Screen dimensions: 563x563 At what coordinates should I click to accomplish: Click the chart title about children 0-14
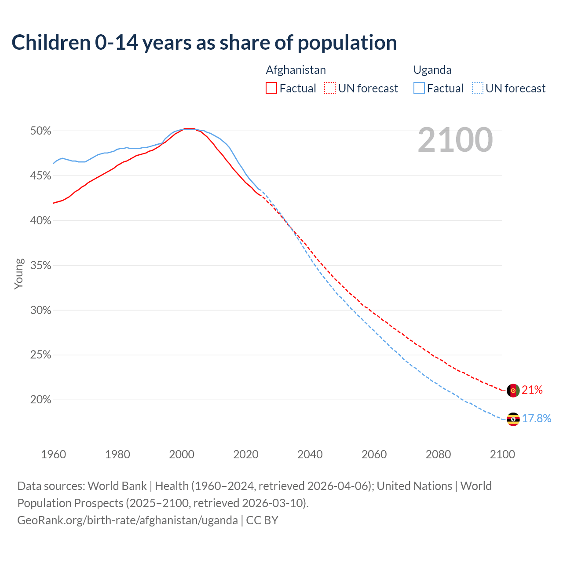click(x=204, y=43)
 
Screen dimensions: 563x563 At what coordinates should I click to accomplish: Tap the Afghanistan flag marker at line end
click(x=513, y=390)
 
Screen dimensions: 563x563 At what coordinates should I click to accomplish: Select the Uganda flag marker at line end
click(x=513, y=419)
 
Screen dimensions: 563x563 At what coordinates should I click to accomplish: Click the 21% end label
click(x=532, y=390)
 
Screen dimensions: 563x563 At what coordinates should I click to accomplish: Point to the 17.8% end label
click(x=537, y=418)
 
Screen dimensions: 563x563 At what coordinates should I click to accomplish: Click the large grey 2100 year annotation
click(x=455, y=140)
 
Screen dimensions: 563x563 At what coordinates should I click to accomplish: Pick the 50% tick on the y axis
click(x=40, y=131)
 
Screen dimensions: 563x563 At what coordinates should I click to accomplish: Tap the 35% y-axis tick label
click(x=40, y=266)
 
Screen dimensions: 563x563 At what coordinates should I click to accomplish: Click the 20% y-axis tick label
click(x=40, y=400)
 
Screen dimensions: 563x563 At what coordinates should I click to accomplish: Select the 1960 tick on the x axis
click(x=54, y=454)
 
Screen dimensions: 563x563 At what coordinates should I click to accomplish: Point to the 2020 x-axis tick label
click(x=246, y=454)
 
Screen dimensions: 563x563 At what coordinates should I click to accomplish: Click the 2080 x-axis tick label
click(x=438, y=454)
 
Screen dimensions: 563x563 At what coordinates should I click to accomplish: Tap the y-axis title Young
click(x=19, y=274)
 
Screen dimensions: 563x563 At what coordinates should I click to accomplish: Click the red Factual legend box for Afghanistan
click(x=271, y=88)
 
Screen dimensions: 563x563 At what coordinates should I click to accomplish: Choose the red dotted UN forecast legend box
click(x=330, y=88)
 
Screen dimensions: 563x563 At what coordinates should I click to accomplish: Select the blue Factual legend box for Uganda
click(x=419, y=88)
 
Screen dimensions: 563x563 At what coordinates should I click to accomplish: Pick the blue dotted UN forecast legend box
click(x=478, y=88)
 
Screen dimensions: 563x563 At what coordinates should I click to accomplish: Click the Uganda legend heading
click(x=432, y=70)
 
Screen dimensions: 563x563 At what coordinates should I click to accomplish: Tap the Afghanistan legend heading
click(x=296, y=70)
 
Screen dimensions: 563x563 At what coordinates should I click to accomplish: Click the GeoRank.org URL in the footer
click(x=128, y=520)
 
